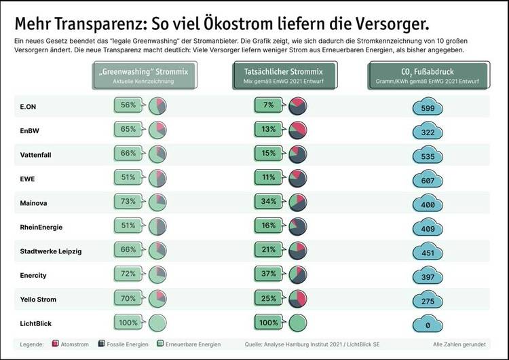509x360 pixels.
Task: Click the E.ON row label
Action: [x=29, y=107]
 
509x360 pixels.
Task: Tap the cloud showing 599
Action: [x=428, y=108]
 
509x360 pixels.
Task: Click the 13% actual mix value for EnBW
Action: [x=268, y=129]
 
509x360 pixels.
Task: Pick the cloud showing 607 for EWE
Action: [x=428, y=181]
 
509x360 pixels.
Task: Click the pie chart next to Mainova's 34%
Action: [x=298, y=202]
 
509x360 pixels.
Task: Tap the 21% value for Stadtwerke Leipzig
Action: [x=268, y=250]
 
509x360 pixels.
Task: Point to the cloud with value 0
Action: [x=428, y=325]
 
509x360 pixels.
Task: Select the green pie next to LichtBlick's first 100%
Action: [x=157, y=323]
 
